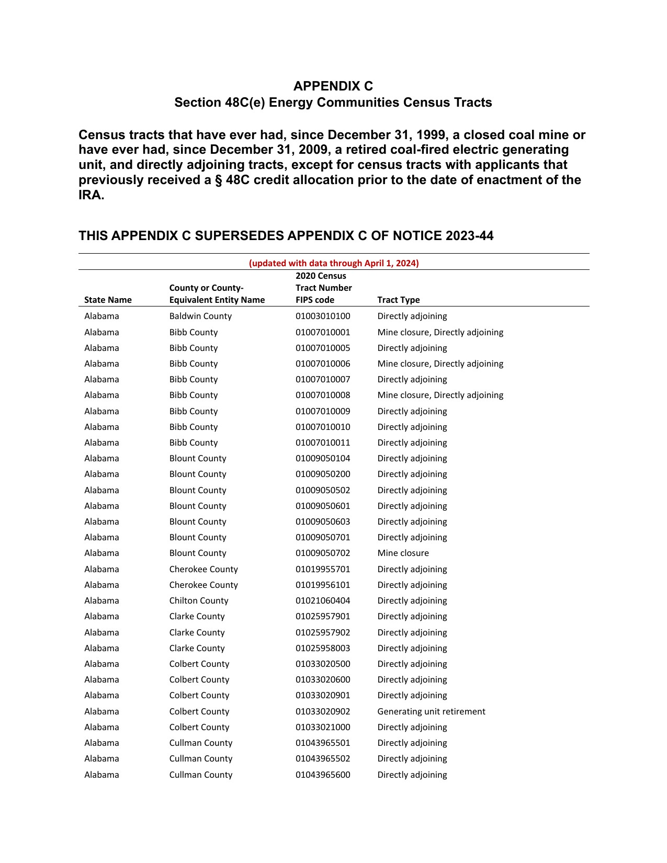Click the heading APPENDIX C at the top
(333, 86)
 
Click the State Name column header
(108, 300)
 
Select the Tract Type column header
(398, 300)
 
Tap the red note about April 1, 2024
(333, 263)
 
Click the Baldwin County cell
(200, 316)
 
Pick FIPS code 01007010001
(323, 332)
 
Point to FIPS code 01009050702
(323, 553)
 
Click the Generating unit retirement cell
(431, 711)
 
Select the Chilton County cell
(198, 600)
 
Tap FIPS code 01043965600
(323, 775)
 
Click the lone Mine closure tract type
(403, 553)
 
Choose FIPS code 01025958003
(323, 648)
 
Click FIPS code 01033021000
(323, 727)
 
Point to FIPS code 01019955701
(323, 569)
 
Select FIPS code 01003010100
(323, 316)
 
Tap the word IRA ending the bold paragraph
(91, 196)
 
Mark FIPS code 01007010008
(323, 395)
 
